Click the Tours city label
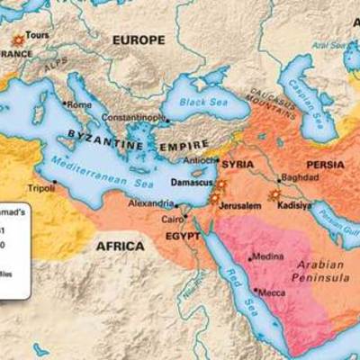pyautogui.click(x=37, y=36)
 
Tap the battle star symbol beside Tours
pyautogui.click(x=16, y=40)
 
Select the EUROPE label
pyautogui.click(x=139, y=40)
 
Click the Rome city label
pyautogui.click(x=79, y=104)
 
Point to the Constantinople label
pyautogui.click(x=134, y=118)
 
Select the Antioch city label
pyautogui.click(x=200, y=161)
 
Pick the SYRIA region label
pyautogui.click(x=238, y=165)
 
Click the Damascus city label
pyautogui.click(x=189, y=183)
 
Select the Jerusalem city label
pyautogui.click(x=239, y=206)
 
